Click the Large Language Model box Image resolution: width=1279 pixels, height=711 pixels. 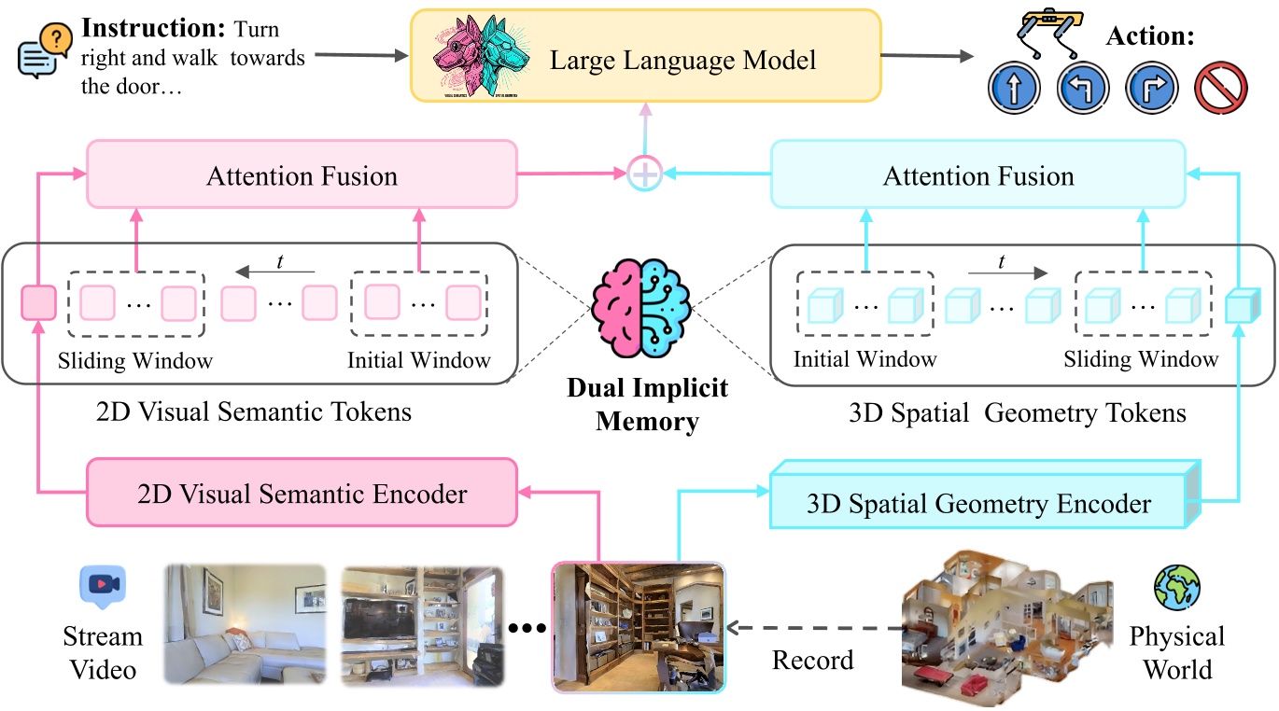[x=682, y=60]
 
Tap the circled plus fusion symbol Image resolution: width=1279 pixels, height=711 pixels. [x=645, y=174]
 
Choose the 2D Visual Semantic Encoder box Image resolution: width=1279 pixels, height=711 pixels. [x=302, y=492]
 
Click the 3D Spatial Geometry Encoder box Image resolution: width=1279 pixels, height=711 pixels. [x=977, y=503]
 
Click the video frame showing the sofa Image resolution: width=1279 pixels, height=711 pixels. [x=245, y=622]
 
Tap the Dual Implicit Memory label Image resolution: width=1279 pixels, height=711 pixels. [x=647, y=404]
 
